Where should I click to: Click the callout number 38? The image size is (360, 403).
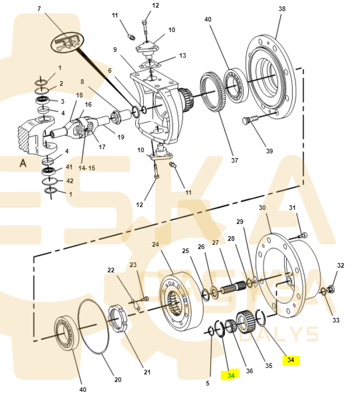click(x=282, y=9)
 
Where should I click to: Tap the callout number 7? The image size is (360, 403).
click(x=39, y=9)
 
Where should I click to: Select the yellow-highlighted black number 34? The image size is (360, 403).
click(x=291, y=360)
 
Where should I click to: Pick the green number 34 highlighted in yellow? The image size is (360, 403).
click(x=231, y=375)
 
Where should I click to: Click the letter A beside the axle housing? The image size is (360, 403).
click(x=23, y=163)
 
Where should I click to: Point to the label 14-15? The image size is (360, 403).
click(x=87, y=168)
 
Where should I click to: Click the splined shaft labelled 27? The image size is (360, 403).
click(x=233, y=286)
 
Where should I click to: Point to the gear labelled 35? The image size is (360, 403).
click(x=246, y=321)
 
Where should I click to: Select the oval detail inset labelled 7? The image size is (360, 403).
click(x=68, y=43)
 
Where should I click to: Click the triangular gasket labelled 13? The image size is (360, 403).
click(x=150, y=64)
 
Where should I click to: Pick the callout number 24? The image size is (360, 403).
click(x=156, y=244)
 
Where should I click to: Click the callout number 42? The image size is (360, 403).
click(x=70, y=181)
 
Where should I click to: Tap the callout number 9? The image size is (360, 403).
click(x=115, y=50)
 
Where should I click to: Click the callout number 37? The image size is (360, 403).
click(x=235, y=160)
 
